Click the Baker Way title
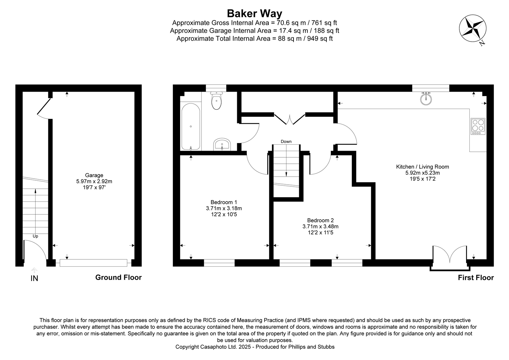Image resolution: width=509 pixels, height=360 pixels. tap(254, 13)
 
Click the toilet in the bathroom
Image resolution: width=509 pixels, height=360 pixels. tap(217, 101)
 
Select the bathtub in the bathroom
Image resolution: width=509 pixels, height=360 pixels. tap(191, 127)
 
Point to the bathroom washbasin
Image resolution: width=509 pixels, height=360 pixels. tap(222, 145)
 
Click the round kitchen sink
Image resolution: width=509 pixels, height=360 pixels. tap(426, 99)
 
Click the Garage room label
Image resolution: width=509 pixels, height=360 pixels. tap(94, 175)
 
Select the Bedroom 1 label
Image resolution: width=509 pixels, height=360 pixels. tap(224, 202)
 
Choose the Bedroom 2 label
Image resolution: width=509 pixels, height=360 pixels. tap(320, 220)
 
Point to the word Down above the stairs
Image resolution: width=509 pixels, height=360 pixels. tap(286, 142)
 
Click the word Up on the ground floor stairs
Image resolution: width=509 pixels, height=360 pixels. tap(35, 236)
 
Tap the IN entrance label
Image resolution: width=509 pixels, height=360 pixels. tap(34, 278)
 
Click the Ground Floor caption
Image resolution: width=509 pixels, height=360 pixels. tap(118, 277)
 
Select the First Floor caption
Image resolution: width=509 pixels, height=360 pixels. tap(476, 278)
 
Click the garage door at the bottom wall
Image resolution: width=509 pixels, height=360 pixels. tap(93, 263)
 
